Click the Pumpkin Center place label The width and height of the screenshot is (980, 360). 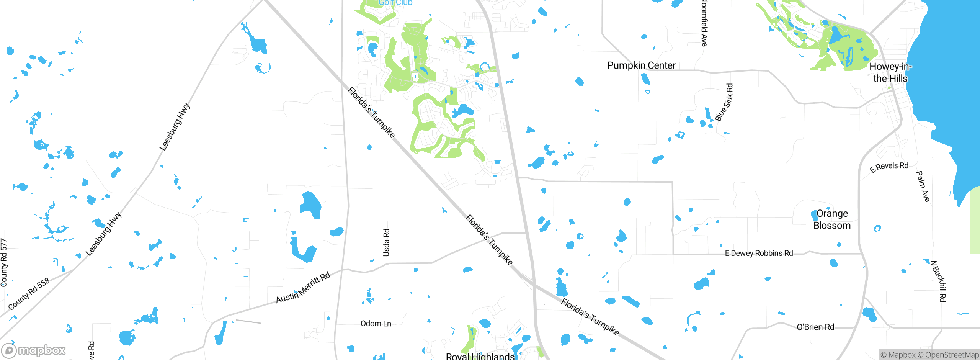[641, 65]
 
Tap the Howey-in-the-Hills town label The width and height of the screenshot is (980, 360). [890, 72]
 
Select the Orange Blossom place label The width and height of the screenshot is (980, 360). [832, 219]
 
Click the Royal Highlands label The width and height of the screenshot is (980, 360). [480, 356]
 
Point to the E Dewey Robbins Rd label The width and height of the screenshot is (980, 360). [759, 253]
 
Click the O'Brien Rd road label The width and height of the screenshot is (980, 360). [815, 327]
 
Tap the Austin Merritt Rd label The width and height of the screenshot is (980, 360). [303, 288]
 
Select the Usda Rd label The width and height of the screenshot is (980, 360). [386, 242]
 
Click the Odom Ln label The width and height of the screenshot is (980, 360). [376, 324]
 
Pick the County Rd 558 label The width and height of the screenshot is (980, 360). [29, 294]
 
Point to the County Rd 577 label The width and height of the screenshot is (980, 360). [4, 262]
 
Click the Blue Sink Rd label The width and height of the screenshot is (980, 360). [724, 103]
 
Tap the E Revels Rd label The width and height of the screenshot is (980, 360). [889, 167]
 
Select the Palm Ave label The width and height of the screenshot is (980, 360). [923, 186]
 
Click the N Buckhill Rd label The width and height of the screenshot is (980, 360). [938, 281]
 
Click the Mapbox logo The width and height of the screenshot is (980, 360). [34, 350]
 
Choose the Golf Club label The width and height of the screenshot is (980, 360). [395, 3]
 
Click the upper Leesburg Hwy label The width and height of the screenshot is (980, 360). [175, 127]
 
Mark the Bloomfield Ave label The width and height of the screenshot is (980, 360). [704, 23]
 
